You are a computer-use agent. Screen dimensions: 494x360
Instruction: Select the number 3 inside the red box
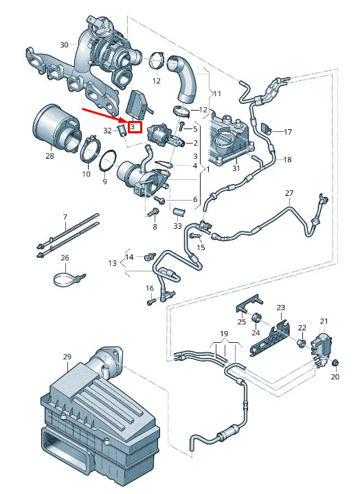133,126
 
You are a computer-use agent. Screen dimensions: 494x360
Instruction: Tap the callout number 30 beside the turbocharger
64,45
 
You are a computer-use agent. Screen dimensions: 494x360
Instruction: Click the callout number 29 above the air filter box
67,357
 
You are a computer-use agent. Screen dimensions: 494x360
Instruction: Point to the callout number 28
49,157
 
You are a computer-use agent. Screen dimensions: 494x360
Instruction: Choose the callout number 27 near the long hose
289,193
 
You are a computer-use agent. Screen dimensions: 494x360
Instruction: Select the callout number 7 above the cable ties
65,216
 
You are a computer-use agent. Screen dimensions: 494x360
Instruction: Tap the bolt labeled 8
155,213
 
